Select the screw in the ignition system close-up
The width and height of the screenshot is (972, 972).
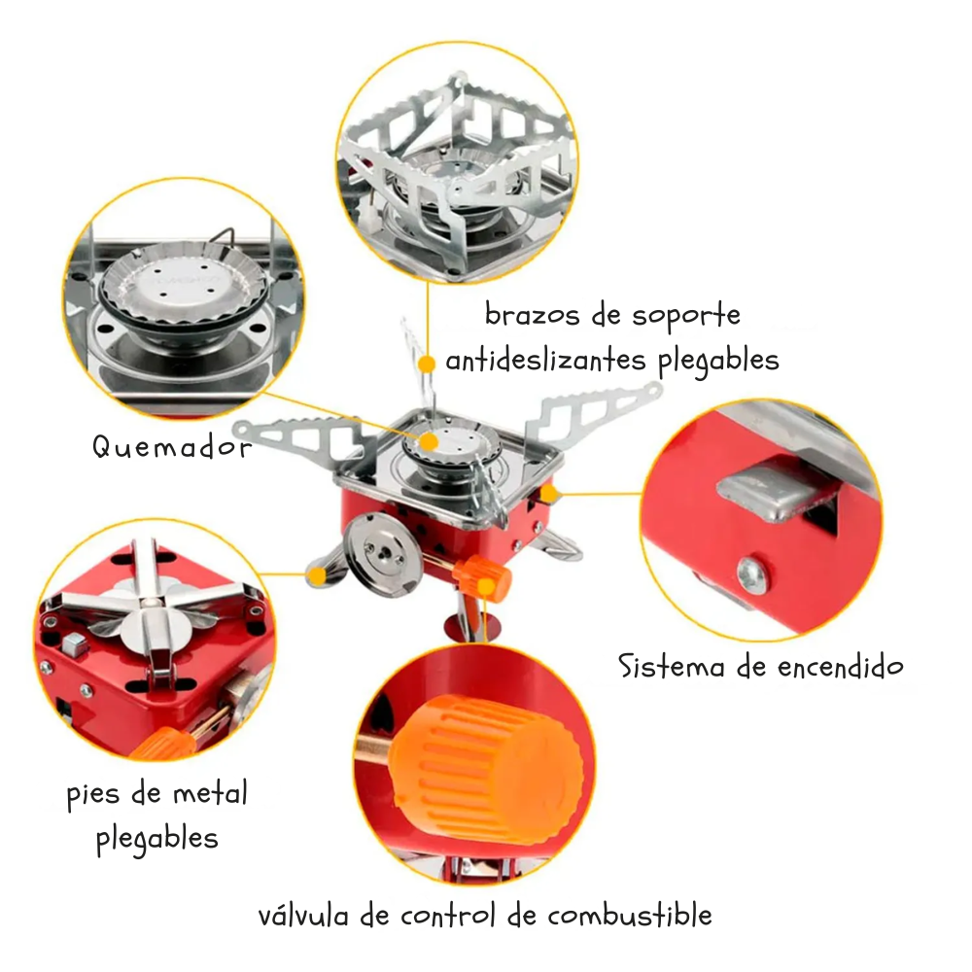pos(750,574)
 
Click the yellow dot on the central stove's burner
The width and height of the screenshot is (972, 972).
pos(430,441)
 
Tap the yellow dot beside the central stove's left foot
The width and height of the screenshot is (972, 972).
pos(315,575)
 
